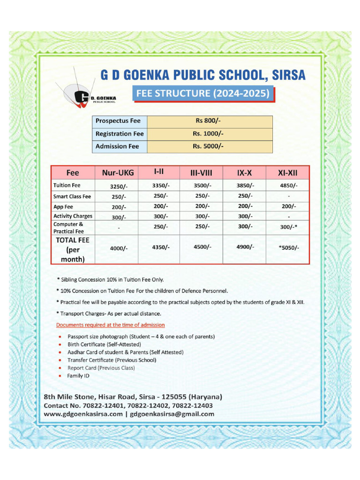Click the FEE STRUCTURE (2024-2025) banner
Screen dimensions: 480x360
point(202,93)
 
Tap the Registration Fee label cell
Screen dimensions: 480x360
point(120,134)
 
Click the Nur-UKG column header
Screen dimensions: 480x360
point(118,172)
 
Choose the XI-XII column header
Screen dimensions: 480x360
point(288,172)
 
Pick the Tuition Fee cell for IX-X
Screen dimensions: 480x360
point(245,185)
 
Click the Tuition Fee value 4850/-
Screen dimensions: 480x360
point(288,186)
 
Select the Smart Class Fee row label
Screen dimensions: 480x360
point(72,196)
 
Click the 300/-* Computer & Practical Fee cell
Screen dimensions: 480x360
point(288,227)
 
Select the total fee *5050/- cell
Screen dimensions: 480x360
point(288,248)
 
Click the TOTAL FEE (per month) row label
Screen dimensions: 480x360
point(73,249)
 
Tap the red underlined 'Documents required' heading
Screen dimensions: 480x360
point(110,325)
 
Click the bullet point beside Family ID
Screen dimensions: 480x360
point(60,376)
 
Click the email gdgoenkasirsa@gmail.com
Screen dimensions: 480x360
point(172,414)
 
